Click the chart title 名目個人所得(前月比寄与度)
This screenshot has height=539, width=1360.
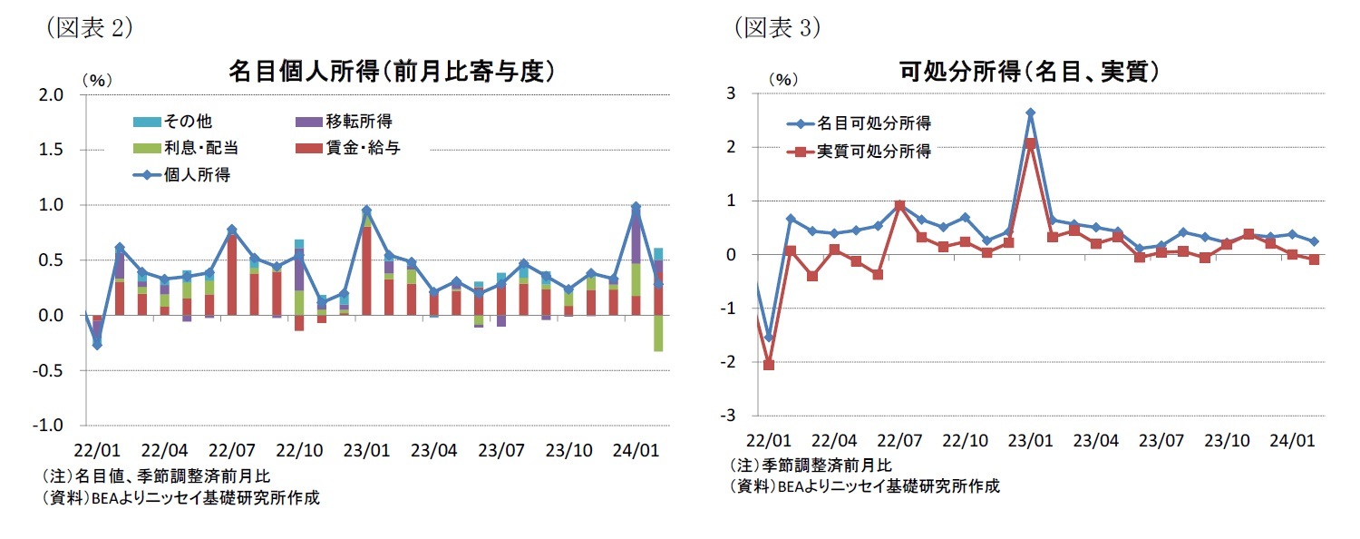click(x=391, y=72)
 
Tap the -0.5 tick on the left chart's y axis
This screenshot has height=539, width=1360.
click(x=50, y=371)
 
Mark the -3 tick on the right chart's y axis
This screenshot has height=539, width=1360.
click(x=728, y=416)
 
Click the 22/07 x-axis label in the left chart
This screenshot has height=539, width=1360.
click(x=232, y=450)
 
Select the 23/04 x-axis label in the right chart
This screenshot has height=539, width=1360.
click(x=1095, y=441)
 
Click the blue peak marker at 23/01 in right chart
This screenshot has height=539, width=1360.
click(x=1031, y=113)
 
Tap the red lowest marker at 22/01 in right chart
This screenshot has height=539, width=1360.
click(x=769, y=365)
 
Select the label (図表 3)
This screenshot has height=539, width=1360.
click(x=776, y=28)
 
